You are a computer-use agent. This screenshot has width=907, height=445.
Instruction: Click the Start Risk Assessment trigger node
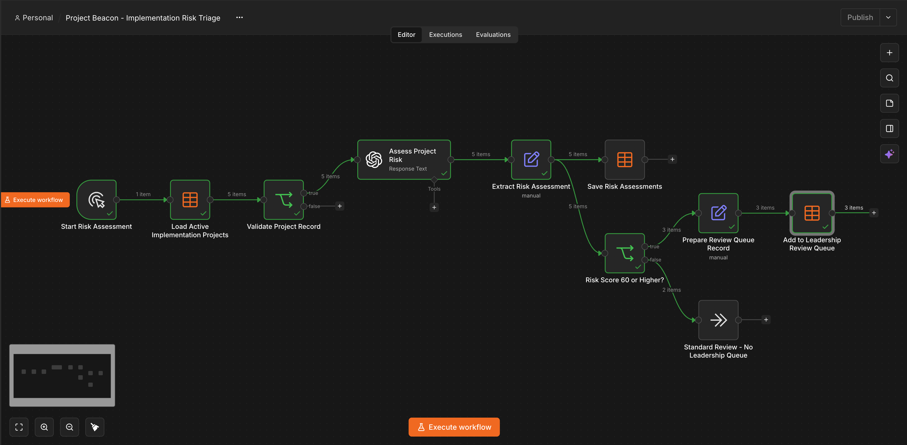[x=96, y=200]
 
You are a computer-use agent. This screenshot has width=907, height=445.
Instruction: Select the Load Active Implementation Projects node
[x=190, y=200]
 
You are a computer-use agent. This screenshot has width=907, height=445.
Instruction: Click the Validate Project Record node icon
[x=284, y=200]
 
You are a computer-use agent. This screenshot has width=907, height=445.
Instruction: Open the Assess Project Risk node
[x=404, y=160]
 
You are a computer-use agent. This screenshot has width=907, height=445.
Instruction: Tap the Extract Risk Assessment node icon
[x=531, y=160]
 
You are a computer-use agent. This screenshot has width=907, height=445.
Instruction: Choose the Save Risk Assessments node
[x=625, y=160]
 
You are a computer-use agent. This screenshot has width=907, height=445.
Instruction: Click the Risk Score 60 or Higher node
[x=625, y=253]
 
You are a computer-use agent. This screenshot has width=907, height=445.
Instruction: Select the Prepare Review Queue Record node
[x=718, y=213]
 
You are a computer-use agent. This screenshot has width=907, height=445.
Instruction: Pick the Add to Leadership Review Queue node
[x=812, y=213]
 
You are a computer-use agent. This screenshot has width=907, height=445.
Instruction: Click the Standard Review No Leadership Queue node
[x=718, y=320]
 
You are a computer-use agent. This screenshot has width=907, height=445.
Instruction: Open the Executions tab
[x=445, y=35]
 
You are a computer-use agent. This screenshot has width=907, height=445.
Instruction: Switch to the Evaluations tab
[x=493, y=35]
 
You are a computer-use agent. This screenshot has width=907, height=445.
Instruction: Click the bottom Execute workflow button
[x=454, y=427]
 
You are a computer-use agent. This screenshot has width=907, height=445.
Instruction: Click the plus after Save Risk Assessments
[x=672, y=159]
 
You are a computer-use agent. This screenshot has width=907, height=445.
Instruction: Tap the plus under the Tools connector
[x=434, y=207]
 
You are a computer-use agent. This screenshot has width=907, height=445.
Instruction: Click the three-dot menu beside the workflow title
[x=240, y=18]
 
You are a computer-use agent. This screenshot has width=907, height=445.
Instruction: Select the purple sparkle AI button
[x=889, y=154]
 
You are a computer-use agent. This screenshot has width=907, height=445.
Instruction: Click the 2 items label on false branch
[x=671, y=290]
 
